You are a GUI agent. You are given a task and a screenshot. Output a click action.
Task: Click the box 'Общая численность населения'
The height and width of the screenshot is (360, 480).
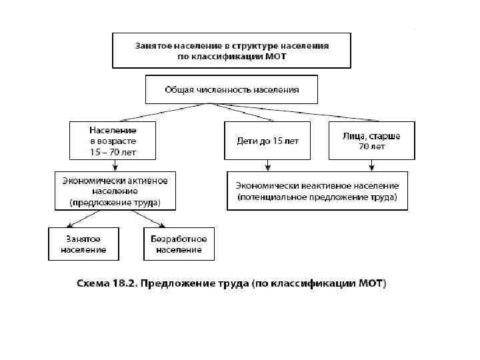[231, 89]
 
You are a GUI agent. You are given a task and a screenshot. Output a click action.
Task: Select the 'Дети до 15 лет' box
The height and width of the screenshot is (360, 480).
[267, 141]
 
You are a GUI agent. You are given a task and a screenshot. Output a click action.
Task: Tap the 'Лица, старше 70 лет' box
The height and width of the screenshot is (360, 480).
[371, 141]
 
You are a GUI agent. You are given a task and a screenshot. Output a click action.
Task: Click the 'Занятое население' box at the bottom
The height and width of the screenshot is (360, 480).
[83, 244]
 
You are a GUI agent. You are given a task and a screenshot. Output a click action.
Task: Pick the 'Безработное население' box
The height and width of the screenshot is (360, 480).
[179, 244]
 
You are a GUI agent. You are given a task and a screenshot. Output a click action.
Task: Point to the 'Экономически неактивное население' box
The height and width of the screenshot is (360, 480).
[317, 191]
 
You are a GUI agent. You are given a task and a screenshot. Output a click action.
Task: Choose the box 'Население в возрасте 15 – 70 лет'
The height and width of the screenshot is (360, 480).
[113, 141]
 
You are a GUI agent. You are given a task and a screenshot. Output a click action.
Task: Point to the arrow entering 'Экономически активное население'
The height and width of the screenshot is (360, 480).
[112, 167]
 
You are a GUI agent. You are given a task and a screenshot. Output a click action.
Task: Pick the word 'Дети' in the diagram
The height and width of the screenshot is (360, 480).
[247, 141]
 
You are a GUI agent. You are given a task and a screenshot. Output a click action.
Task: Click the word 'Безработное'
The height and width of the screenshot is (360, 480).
[179, 239]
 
